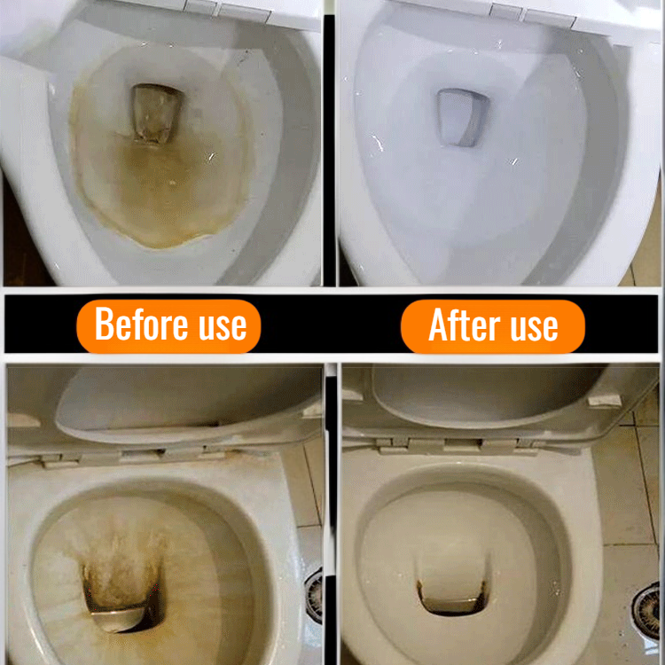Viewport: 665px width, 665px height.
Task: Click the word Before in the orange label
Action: pyautogui.click(x=140, y=324)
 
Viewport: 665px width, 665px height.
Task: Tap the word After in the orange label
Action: pyautogui.click(x=465, y=325)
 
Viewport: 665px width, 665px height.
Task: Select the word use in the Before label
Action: pyautogui.click(x=223, y=327)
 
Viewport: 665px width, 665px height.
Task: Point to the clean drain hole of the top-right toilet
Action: pyautogui.click(x=461, y=117)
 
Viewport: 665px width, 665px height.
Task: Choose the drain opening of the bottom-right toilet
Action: pyautogui.click(x=451, y=597)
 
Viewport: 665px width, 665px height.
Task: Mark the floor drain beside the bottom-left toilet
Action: pyautogui.click(x=315, y=596)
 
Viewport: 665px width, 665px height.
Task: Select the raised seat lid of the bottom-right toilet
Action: pyautogui.click(x=488, y=396)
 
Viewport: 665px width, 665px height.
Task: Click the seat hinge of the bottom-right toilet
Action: pyautogui.click(x=462, y=445)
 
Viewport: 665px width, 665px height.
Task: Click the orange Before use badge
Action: pyautogui.click(x=168, y=326)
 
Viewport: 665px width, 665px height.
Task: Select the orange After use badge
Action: pyautogui.click(x=493, y=326)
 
